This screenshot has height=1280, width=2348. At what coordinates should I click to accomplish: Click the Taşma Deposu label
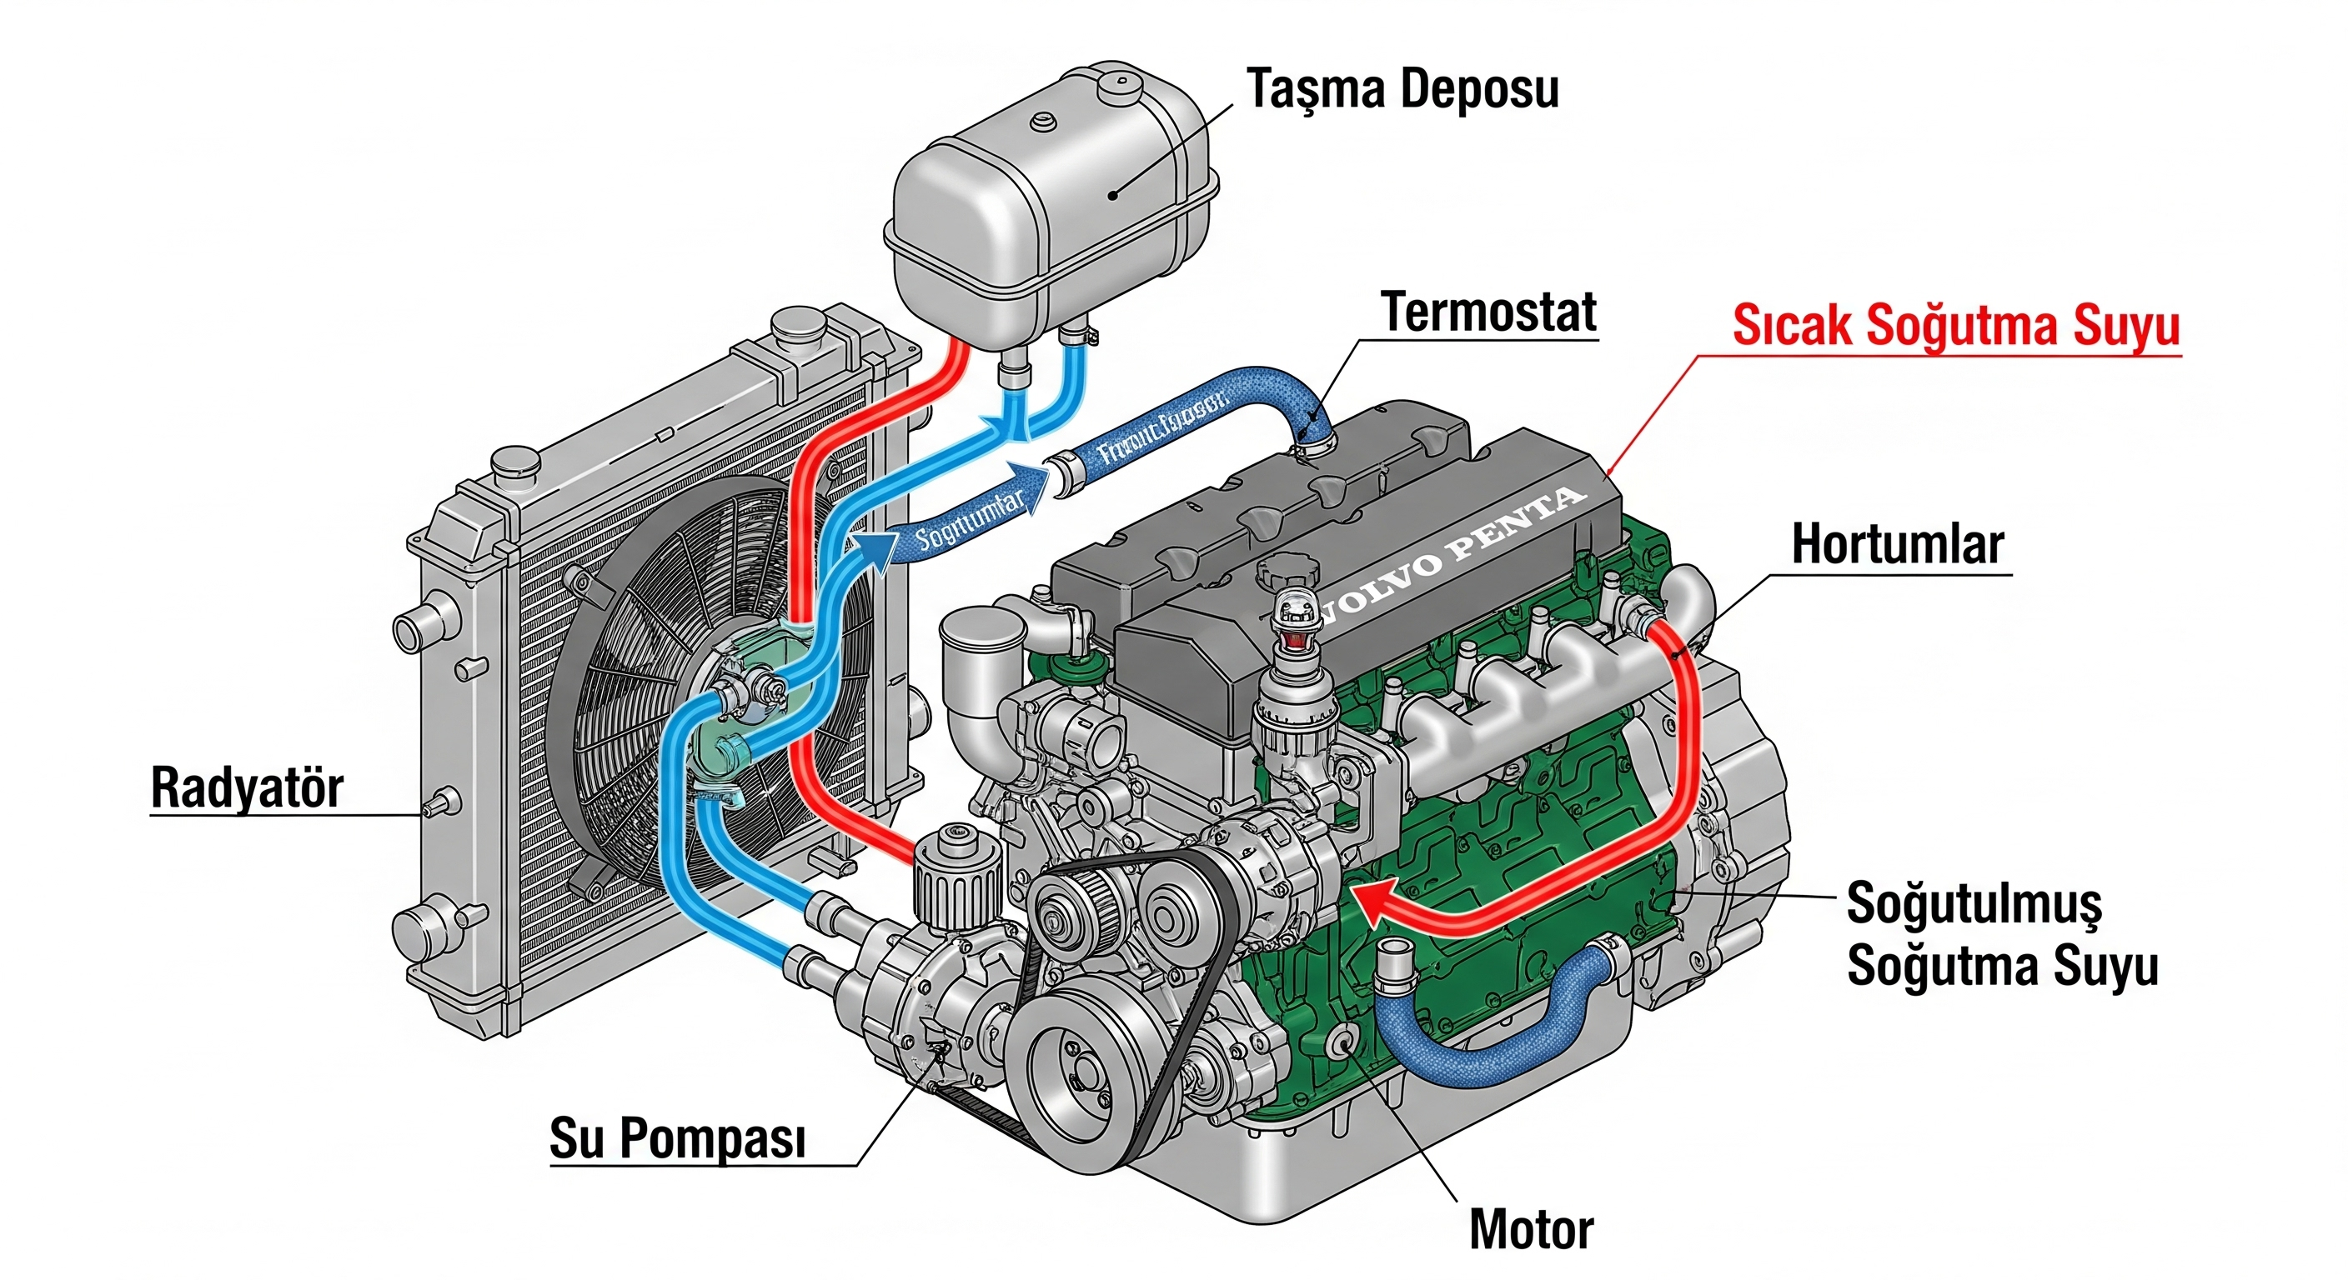(1402, 89)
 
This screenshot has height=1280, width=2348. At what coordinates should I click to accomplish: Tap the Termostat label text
(1488, 312)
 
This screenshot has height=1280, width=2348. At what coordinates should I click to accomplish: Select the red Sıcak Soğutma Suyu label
(1955, 325)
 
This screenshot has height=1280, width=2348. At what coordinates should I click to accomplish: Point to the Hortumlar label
(1897, 545)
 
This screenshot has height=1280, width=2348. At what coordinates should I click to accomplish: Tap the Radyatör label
(246, 787)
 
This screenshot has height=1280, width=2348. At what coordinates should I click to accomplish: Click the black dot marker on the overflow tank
(1113, 194)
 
